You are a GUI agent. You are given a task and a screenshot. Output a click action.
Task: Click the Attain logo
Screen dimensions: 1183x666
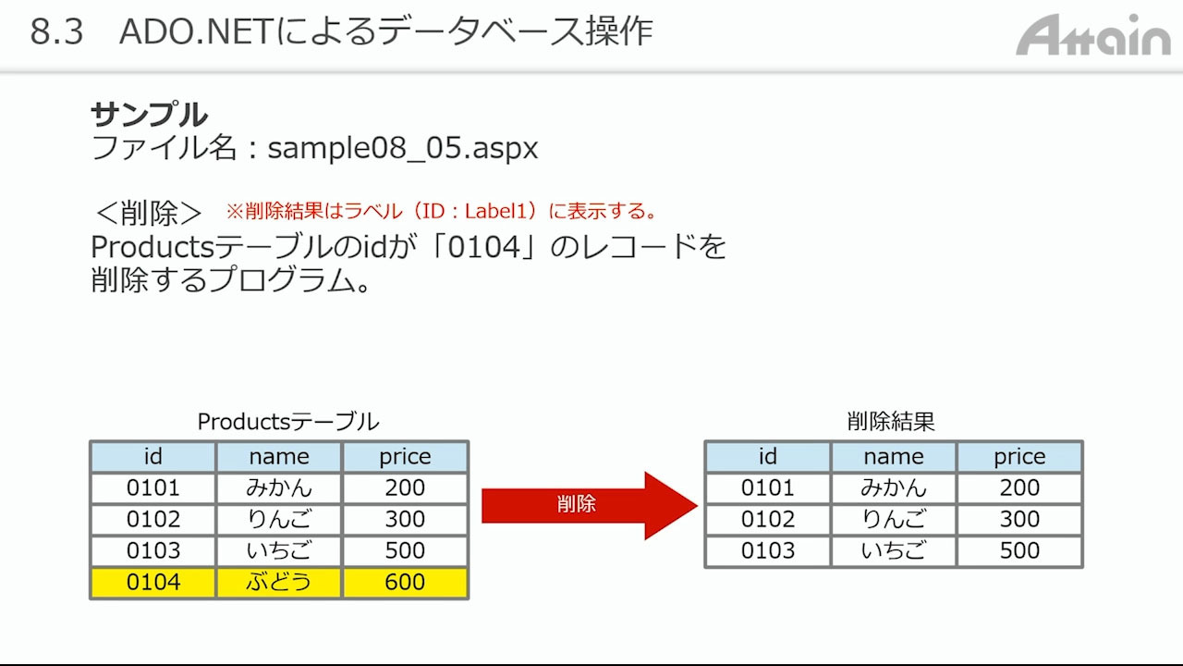pyautogui.click(x=1092, y=35)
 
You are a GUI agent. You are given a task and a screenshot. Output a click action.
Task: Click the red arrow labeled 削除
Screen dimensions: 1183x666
pyautogui.click(x=590, y=505)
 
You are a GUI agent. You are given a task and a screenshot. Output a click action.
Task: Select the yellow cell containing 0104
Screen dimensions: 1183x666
pyautogui.click(x=153, y=583)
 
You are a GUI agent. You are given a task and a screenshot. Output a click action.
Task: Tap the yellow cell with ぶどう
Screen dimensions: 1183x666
pyautogui.click(x=279, y=583)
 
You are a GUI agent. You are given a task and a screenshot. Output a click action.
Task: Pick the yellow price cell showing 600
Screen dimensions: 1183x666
pyautogui.click(x=405, y=583)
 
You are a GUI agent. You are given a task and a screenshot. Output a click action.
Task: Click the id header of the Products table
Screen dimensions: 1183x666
pyautogui.click(x=153, y=457)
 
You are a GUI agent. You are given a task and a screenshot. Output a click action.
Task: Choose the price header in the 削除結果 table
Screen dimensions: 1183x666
pyautogui.click(x=1019, y=457)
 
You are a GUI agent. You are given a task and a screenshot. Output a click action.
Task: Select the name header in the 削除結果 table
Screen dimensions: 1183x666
pyautogui.click(x=894, y=457)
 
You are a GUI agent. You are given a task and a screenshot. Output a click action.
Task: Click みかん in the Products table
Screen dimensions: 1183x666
pyautogui.click(x=279, y=487)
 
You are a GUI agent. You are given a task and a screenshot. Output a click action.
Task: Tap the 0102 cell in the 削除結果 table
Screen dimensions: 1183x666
pyautogui.click(x=768, y=520)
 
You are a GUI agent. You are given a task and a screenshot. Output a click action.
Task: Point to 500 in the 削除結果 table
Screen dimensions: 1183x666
pyautogui.click(x=1019, y=550)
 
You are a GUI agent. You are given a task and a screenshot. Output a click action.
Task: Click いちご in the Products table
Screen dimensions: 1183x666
pyautogui.click(x=279, y=550)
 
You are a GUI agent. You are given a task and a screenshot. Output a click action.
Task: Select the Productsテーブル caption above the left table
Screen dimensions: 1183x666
pyautogui.click(x=288, y=422)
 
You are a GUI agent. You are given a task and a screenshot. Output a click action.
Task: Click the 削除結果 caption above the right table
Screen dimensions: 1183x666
pyautogui.click(x=892, y=422)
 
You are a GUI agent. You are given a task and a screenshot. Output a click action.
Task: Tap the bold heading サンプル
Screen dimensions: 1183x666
pyautogui.click(x=150, y=115)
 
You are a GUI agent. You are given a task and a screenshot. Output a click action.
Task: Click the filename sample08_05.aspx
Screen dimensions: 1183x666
pyautogui.click(x=403, y=149)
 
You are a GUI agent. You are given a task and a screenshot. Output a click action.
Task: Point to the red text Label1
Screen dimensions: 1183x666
pyautogui.click(x=496, y=212)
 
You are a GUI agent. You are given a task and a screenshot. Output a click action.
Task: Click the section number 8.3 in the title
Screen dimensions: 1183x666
pyautogui.click(x=56, y=31)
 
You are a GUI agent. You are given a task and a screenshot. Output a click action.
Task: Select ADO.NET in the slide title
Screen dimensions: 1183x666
pyautogui.click(x=195, y=31)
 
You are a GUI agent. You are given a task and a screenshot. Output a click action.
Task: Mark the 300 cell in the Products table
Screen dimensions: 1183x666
pyautogui.click(x=405, y=520)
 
